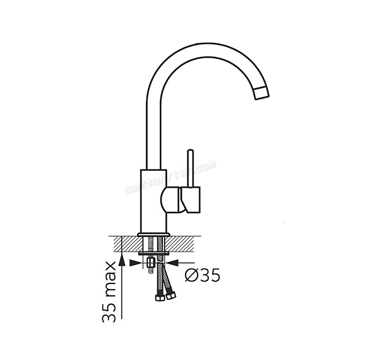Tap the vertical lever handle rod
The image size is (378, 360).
coord(189,168)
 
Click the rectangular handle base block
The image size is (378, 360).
coord(193,199)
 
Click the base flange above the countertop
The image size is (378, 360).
coord(153,234)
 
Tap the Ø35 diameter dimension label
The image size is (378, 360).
coord(203,275)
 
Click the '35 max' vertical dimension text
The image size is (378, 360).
coord(109,291)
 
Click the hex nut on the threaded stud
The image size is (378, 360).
coord(151,262)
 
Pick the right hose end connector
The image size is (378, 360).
coord(171,296)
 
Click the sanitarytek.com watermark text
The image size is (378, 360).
coord(170,177)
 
